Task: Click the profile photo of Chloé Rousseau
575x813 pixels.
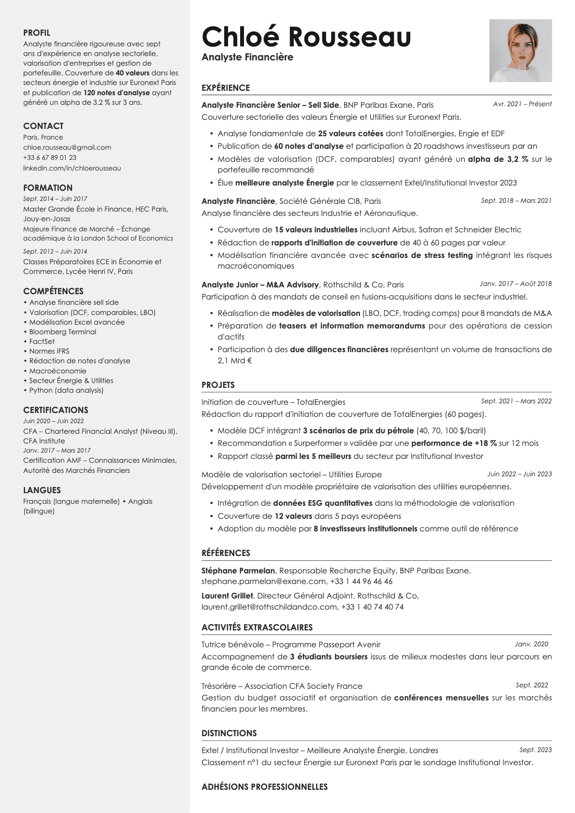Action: [520, 51]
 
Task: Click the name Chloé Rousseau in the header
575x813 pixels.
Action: [306, 37]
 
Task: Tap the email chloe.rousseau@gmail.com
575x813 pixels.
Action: [67, 147]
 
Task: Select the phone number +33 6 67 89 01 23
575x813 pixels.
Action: [50, 157]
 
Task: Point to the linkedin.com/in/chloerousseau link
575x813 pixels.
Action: [72, 168]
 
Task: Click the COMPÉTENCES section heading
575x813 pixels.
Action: [53, 291]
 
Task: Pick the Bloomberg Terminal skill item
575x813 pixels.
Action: [63, 332]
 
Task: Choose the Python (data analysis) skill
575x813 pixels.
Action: [66, 390]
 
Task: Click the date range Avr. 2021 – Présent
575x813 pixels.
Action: [522, 104]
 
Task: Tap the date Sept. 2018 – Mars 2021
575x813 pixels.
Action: [516, 200]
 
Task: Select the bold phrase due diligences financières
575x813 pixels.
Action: [339, 349]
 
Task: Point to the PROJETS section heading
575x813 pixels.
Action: [218, 385]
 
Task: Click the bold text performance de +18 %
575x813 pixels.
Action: [454, 443]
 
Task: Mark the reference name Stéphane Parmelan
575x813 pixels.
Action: [238, 571]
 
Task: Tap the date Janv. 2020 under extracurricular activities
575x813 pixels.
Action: [532, 644]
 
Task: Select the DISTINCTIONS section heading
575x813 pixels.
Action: [229, 733]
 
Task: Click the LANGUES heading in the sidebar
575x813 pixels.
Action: [42, 490]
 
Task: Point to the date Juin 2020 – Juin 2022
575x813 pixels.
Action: [53, 421]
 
